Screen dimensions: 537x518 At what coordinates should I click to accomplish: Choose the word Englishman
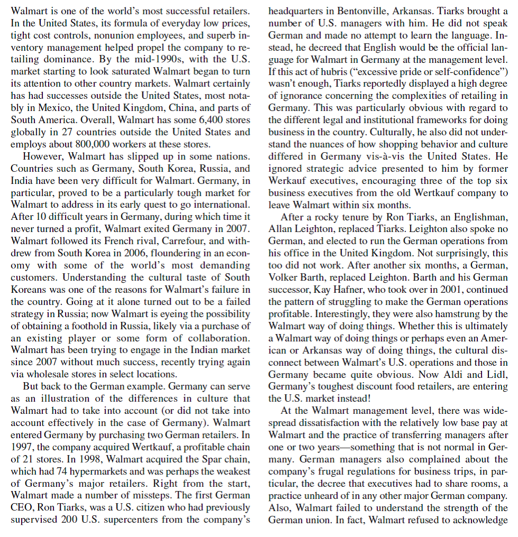[479, 217]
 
